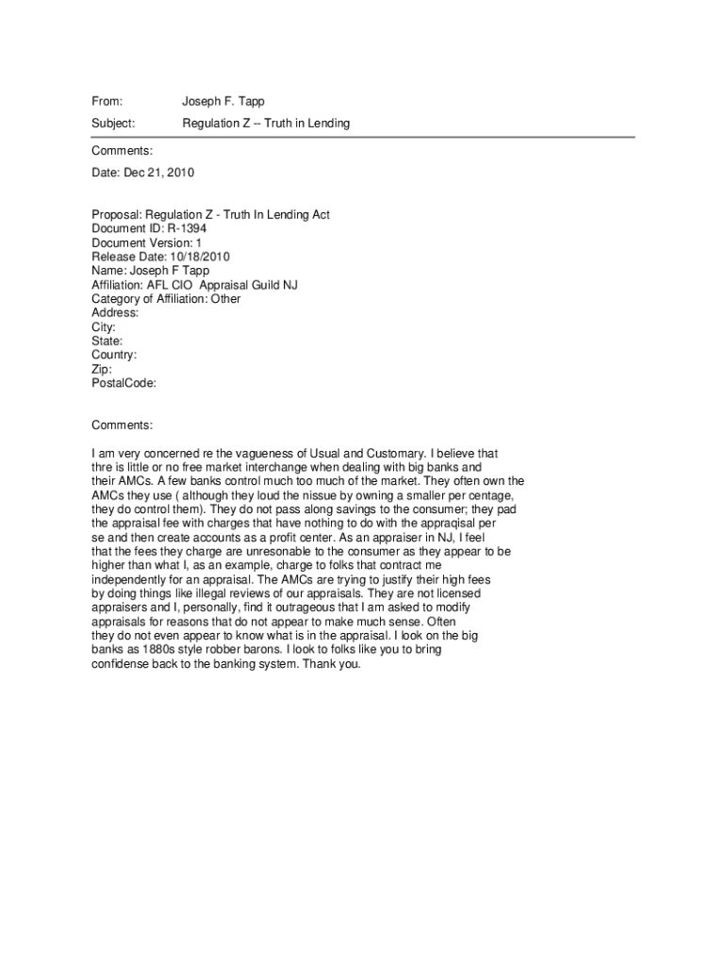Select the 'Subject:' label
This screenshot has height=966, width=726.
pyautogui.click(x=113, y=124)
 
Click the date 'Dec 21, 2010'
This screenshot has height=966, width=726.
pyautogui.click(x=159, y=173)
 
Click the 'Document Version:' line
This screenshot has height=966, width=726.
pyautogui.click(x=146, y=242)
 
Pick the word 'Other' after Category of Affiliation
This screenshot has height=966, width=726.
pyautogui.click(x=225, y=299)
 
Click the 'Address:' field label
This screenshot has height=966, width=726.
pyautogui.click(x=115, y=313)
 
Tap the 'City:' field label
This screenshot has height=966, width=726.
pyautogui.click(x=104, y=327)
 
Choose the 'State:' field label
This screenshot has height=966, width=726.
pyautogui.click(x=107, y=341)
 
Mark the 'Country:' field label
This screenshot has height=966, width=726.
pyautogui.click(x=114, y=356)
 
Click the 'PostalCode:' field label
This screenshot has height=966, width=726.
pyautogui.click(x=124, y=384)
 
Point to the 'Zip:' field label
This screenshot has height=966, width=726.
pyautogui.click(x=101, y=370)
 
